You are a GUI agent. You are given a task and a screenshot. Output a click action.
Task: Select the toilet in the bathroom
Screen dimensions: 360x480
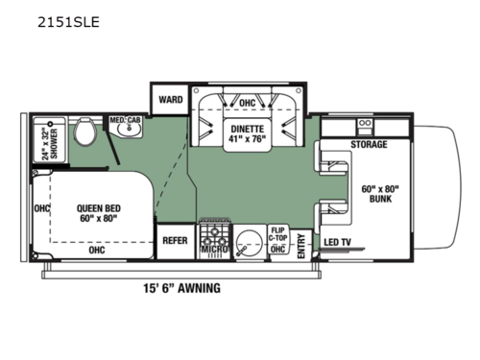coord(84,132)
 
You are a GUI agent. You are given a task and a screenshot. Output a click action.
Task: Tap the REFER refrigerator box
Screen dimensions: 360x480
coord(174,240)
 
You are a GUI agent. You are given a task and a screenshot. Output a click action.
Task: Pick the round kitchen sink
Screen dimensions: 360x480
coord(252,241)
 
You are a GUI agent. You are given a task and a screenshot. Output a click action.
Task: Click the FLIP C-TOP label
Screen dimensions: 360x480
coord(279,235)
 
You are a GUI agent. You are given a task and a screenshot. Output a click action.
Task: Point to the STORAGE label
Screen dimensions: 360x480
coord(368,145)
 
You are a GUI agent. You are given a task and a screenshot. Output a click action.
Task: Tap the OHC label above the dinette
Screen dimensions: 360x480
coord(247,104)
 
